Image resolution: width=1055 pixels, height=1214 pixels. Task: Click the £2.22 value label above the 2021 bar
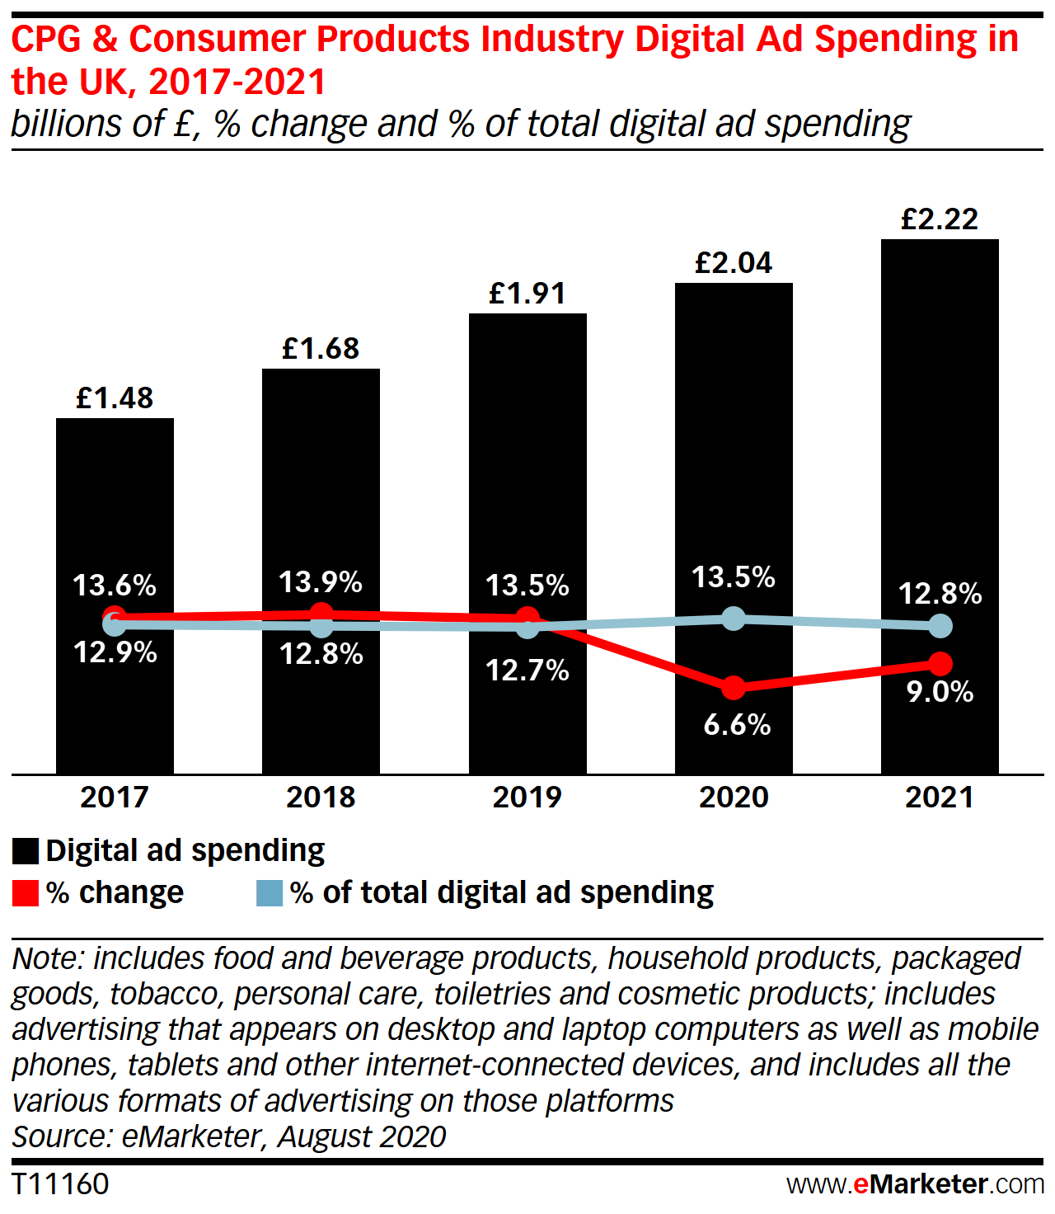[940, 219]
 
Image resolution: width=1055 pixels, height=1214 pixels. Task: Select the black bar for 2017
[115, 511]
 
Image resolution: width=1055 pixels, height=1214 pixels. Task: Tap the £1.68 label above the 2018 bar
[321, 349]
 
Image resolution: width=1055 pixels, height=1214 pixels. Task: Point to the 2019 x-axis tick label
[527, 798]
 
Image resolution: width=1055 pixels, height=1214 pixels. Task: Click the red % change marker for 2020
[733, 687]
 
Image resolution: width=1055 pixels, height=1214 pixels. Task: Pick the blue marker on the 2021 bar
[940, 626]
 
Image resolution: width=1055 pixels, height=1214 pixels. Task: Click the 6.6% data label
[737, 725]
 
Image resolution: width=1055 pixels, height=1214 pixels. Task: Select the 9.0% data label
[940, 692]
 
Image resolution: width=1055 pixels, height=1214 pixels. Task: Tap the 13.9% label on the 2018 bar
[321, 582]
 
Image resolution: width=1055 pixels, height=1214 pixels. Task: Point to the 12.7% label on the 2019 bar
[527, 671]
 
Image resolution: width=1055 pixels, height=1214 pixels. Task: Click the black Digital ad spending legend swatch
[26, 851]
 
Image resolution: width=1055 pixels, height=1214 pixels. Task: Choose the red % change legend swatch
[26, 893]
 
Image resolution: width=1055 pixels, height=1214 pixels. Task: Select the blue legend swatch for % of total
[270, 893]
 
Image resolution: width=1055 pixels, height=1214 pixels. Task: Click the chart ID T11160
[60, 1184]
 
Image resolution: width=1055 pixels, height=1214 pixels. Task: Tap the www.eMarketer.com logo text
[915, 1184]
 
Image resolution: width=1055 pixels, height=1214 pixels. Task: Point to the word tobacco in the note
[167, 995]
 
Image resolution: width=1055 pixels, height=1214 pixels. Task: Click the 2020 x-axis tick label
[734, 798]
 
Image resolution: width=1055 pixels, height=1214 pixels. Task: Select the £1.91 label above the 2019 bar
[527, 294]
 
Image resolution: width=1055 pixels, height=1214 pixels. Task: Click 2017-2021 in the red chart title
[237, 82]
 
